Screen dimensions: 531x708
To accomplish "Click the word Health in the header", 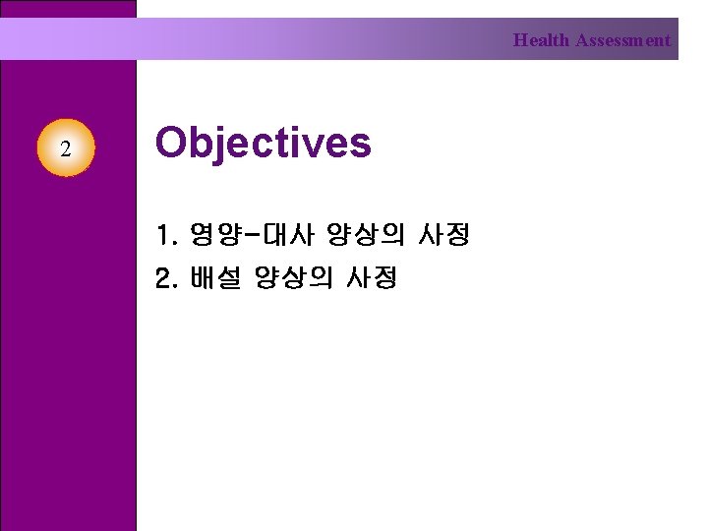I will point(541,41).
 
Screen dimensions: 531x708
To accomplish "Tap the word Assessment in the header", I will point(622,41).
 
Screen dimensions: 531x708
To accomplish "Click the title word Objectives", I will point(264,144).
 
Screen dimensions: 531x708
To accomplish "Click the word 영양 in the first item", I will point(213,235).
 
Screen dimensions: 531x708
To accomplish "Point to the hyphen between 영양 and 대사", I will point(249,235).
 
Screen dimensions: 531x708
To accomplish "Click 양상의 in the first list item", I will point(366,235).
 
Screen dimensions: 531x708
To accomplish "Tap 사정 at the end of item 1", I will point(444,235).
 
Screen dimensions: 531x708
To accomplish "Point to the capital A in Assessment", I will point(582,41).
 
